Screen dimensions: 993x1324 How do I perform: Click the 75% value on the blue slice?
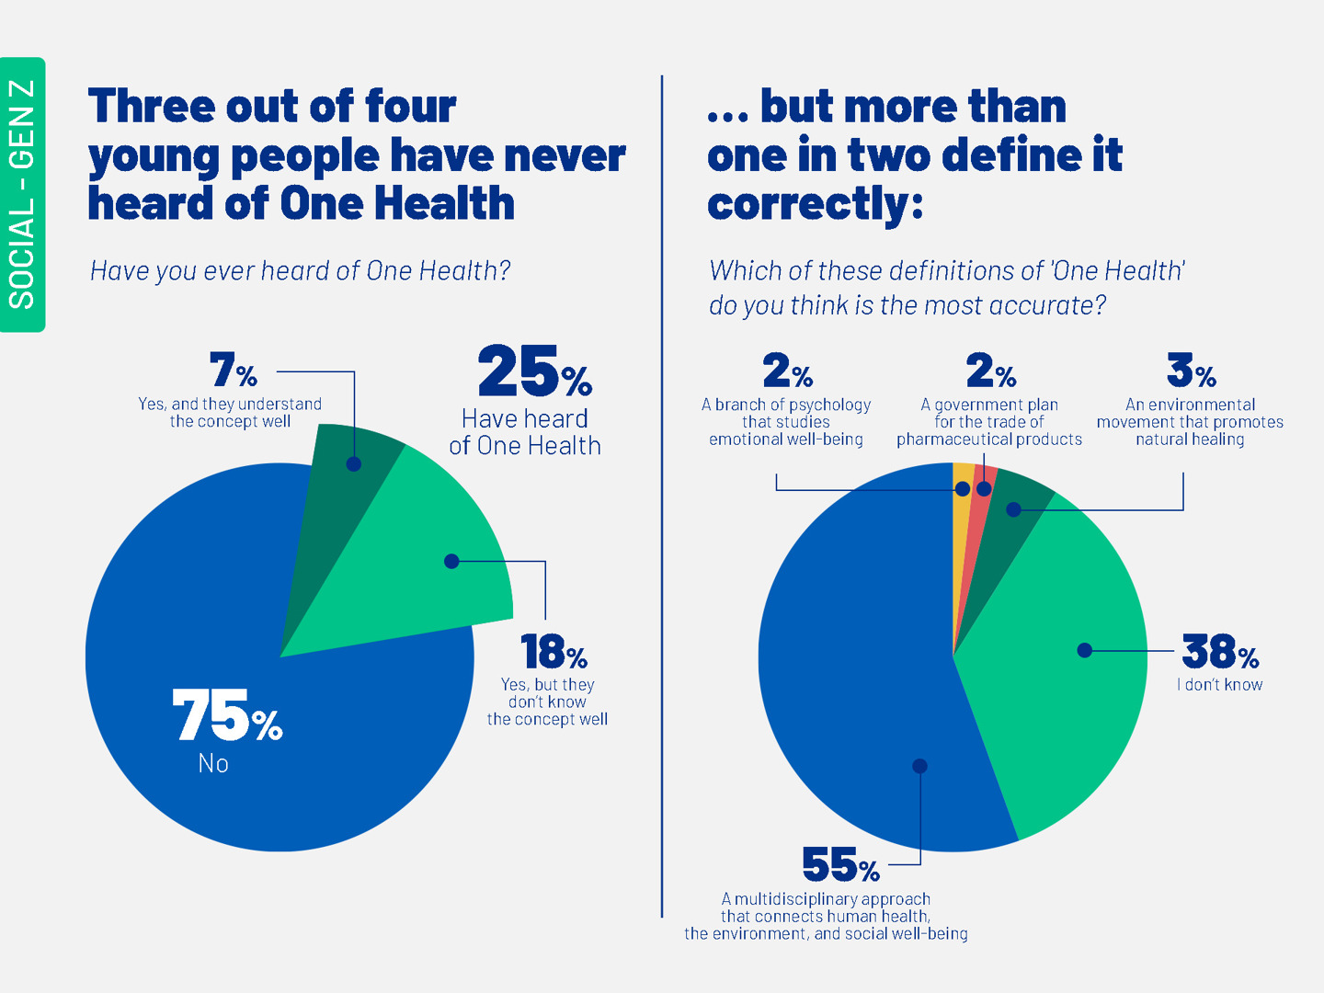pyautogui.click(x=226, y=716)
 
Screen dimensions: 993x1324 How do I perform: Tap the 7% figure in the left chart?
pyautogui.click(x=233, y=371)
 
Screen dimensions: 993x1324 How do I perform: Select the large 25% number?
pyautogui.click(x=534, y=371)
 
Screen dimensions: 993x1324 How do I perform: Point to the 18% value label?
pyautogui.click(x=554, y=652)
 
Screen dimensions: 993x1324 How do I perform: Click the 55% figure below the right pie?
pyautogui.click(x=840, y=865)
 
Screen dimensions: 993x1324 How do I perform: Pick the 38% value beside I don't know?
pyautogui.click(x=1220, y=652)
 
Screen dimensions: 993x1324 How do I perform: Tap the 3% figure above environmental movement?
pyautogui.click(x=1191, y=371)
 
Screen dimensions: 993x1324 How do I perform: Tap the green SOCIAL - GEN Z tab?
pyautogui.click(x=22, y=194)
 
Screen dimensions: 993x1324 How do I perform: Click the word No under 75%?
pyautogui.click(x=213, y=764)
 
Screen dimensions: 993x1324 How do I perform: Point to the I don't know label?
pyautogui.click(x=1220, y=685)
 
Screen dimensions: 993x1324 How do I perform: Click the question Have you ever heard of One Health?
pyautogui.click(x=300, y=271)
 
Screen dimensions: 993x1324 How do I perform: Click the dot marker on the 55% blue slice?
pyautogui.click(x=919, y=766)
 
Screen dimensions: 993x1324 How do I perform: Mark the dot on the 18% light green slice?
pyautogui.click(x=451, y=561)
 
